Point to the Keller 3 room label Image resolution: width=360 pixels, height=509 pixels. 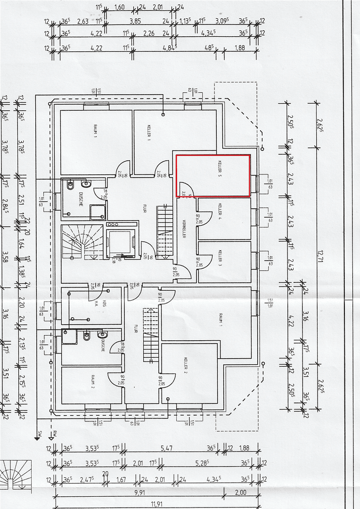tap(220, 258)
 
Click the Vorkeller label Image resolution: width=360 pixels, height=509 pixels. tap(184, 229)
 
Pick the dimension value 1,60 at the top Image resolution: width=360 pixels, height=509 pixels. tap(120, 8)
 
